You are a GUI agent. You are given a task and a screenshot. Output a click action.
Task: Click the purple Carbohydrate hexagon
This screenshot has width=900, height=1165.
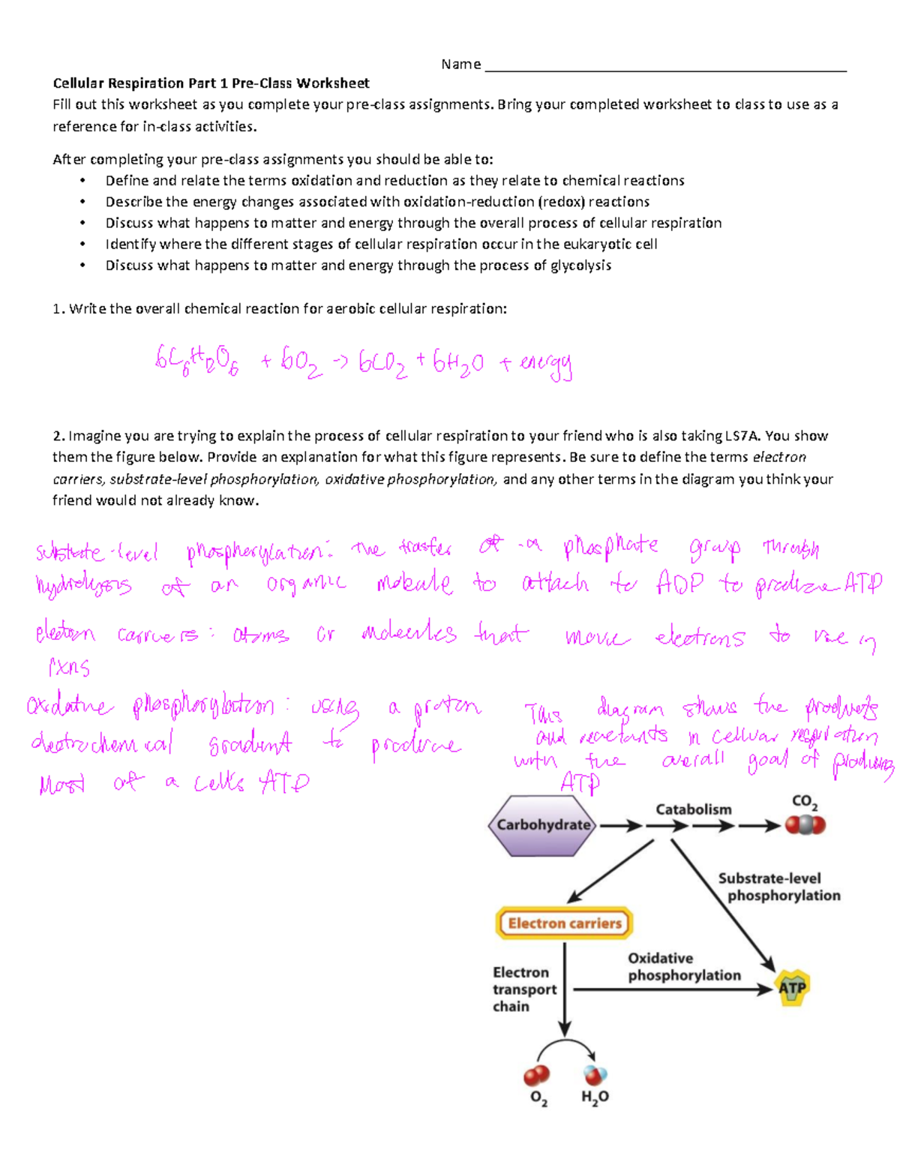(x=542, y=825)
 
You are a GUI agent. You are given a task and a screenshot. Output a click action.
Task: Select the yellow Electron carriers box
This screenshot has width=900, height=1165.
(x=564, y=923)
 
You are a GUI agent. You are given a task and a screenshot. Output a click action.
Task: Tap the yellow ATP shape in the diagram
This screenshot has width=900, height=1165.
(x=792, y=988)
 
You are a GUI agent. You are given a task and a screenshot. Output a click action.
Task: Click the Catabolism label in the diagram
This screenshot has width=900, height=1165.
(x=693, y=809)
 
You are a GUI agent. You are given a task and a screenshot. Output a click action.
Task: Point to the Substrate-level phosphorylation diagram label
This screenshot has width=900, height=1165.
(x=779, y=887)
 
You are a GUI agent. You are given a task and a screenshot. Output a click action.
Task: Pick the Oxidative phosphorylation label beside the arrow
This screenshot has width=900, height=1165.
(x=683, y=967)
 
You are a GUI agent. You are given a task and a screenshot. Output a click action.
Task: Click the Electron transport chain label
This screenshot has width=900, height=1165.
(x=523, y=989)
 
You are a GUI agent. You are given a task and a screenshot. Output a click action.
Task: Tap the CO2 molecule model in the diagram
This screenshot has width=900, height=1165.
(x=805, y=825)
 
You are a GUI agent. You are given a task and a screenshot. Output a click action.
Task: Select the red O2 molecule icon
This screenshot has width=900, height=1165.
(x=537, y=1076)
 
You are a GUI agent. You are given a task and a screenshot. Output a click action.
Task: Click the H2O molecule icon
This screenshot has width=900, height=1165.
(x=595, y=1075)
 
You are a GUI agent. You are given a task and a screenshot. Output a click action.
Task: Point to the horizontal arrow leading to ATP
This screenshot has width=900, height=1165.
(x=671, y=989)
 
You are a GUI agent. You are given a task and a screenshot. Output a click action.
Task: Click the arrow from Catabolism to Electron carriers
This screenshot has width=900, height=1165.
(x=610, y=871)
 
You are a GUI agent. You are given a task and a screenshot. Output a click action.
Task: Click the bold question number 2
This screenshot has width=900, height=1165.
(x=58, y=436)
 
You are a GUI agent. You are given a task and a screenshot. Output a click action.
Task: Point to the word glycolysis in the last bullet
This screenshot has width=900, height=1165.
(x=581, y=266)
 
